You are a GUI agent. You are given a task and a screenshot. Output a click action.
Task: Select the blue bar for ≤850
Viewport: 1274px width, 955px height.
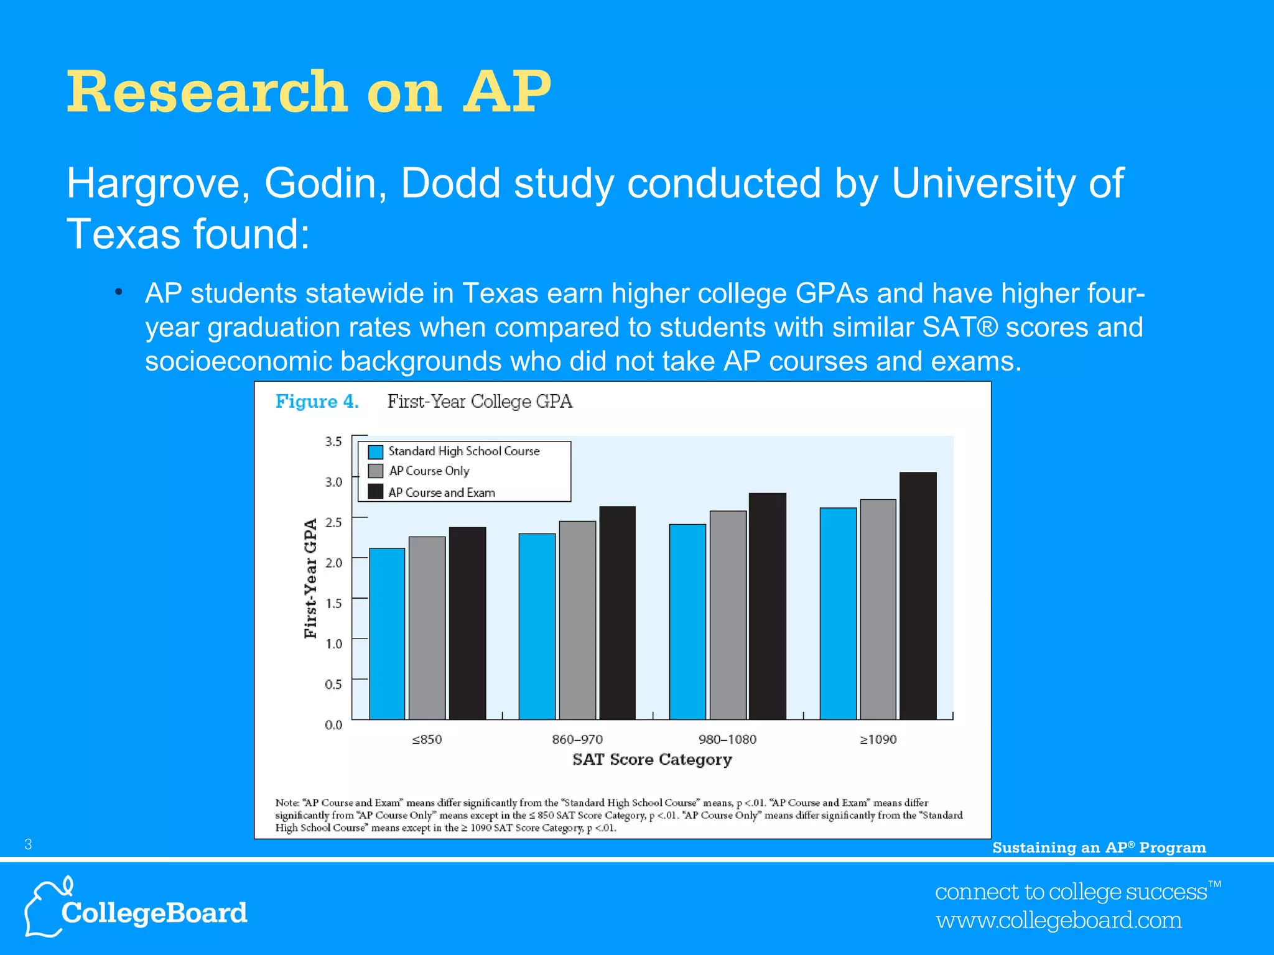pyautogui.click(x=387, y=634)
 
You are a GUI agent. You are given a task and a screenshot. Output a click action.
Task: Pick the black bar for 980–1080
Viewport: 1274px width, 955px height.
pyautogui.click(x=767, y=606)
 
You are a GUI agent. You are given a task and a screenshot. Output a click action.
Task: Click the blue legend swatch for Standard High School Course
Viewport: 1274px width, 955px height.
pyautogui.click(x=376, y=451)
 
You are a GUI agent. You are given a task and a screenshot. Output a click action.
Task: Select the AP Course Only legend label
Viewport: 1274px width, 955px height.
pyautogui.click(x=429, y=471)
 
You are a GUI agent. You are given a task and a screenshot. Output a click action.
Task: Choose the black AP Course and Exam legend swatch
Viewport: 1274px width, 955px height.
pyautogui.click(x=376, y=492)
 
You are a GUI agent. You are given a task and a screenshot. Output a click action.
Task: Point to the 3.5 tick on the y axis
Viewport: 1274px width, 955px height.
pyautogui.click(x=333, y=441)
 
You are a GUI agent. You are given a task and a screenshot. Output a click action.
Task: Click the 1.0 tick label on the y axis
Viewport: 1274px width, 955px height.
pyautogui.click(x=333, y=644)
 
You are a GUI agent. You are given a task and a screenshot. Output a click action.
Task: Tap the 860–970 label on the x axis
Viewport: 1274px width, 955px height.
pyautogui.click(x=577, y=739)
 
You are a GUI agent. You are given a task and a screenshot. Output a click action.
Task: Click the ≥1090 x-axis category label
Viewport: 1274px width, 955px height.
pyautogui.click(x=878, y=739)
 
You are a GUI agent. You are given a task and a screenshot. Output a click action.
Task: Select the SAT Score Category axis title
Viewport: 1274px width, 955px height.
pyautogui.click(x=652, y=760)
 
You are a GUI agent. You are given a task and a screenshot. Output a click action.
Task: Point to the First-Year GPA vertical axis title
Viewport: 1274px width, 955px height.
pyautogui.click(x=310, y=578)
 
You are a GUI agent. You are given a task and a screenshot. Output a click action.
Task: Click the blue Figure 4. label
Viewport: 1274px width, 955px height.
pyautogui.click(x=317, y=402)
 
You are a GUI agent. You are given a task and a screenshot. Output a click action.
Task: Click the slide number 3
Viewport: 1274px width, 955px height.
pyautogui.click(x=28, y=844)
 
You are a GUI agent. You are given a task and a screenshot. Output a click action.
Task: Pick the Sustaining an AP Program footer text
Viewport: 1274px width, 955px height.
pyautogui.click(x=1099, y=847)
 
